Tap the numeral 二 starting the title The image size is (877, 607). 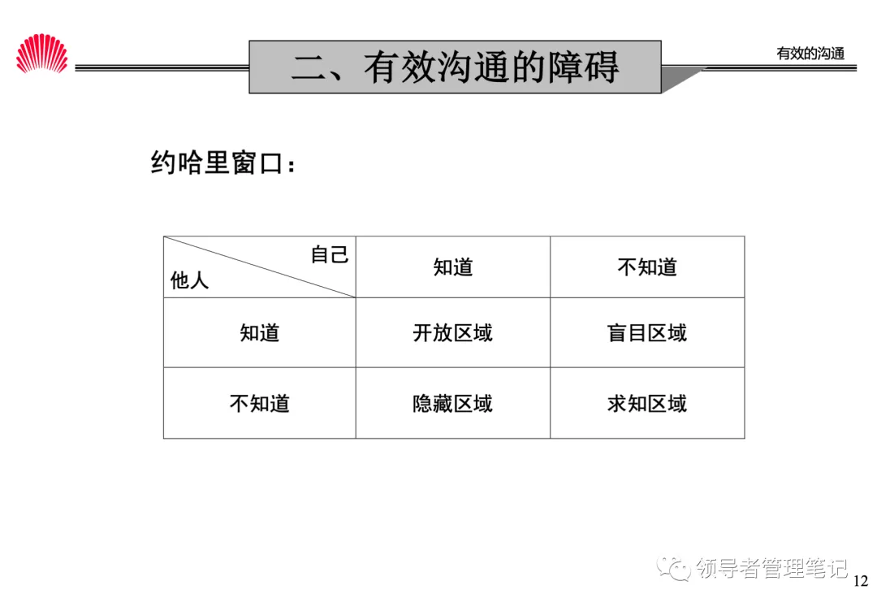tap(309, 67)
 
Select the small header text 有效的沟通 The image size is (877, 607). tap(810, 54)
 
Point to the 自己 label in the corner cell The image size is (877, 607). tap(330, 254)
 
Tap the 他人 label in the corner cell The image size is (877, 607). tap(189, 281)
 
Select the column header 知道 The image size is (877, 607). tap(452, 267)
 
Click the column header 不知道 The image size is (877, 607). tap(647, 267)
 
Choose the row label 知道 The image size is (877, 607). tap(259, 332)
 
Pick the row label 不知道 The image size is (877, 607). tap(259, 403)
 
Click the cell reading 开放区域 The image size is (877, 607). tap(452, 332)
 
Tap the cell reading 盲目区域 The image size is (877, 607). tap(647, 332)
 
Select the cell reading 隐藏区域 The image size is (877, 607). tap(452, 403)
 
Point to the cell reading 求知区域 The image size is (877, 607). tap(647, 403)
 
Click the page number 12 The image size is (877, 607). tap(861, 581)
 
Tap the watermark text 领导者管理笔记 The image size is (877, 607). tap(772, 568)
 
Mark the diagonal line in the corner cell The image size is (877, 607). tap(260, 267)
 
